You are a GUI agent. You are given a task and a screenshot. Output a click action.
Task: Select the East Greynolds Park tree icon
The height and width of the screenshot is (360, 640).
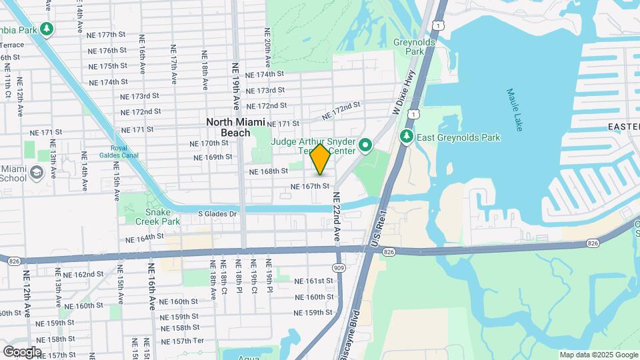[x=407, y=137]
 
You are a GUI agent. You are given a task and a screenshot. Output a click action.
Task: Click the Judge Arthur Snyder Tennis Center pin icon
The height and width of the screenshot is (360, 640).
[x=365, y=145]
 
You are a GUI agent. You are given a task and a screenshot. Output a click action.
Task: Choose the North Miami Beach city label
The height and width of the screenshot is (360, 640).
[x=235, y=127]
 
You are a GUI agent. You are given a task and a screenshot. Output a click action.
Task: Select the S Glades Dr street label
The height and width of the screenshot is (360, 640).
[x=217, y=214]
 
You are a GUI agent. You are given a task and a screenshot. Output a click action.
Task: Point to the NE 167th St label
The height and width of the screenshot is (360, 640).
[x=310, y=186]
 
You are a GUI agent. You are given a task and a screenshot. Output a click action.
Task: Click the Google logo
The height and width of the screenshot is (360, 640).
[x=23, y=351]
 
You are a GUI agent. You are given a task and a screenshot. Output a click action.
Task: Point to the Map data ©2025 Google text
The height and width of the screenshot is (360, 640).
[x=598, y=355]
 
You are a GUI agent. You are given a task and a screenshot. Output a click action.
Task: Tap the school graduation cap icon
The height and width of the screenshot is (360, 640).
[x=36, y=173]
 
